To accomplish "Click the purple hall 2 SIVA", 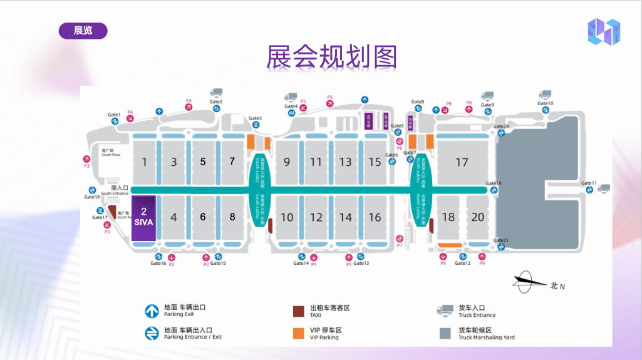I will point(143,217).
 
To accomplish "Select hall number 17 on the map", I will point(462,162).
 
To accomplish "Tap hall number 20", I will point(478,217).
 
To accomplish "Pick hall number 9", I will point(287,162).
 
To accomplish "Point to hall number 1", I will point(145,162).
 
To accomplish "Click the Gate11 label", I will point(589,183).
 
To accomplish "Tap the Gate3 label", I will point(256,118).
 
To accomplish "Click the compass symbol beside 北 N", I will point(525,284).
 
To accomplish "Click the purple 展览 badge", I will point(83,31).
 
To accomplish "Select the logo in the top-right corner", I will point(603,32).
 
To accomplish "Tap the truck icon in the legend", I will point(445,310).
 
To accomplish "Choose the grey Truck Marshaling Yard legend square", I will point(445,333).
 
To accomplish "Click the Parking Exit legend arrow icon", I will point(152,311).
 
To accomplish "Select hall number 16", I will point(375,217).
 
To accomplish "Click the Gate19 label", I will point(494,183).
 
